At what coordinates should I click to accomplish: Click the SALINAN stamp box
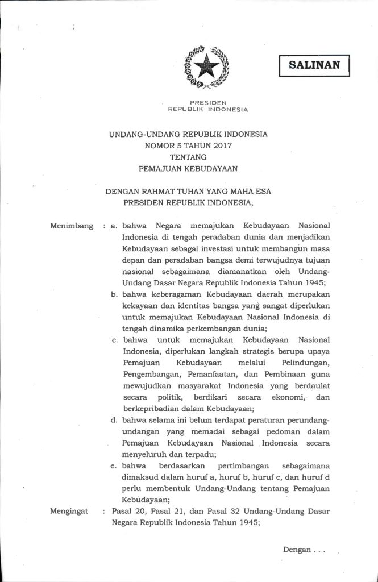click(x=314, y=65)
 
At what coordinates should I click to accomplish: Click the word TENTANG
click(x=188, y=156)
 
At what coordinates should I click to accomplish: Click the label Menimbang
click(x=72, y=226)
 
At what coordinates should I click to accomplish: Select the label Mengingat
click(x=70, y=512)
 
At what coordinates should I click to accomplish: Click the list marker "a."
click(x=114, y=226)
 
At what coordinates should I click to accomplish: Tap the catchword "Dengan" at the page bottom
click(x=296, y=549)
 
